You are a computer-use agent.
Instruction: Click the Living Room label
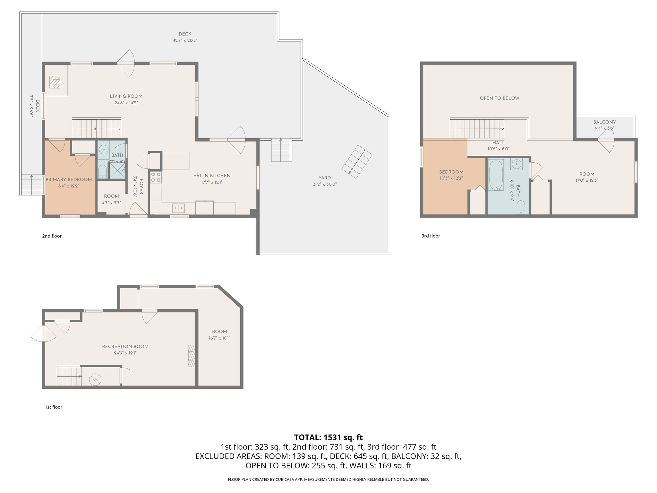point(126,96)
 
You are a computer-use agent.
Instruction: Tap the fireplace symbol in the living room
point(55,82)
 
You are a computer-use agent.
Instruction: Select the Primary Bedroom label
point(69,179)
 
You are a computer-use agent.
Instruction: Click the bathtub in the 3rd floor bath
point(496,175)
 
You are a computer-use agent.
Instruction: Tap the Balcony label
point(604,122)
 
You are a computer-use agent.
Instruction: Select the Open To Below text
point(499,98)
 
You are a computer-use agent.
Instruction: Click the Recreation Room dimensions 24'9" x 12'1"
point(125,353)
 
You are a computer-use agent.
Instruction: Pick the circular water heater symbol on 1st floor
point(95,380)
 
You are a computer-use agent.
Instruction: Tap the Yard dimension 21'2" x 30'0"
point(325,184)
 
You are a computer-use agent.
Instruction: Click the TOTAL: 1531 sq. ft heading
point(328,437)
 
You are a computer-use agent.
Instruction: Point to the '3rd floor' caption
point(431,236)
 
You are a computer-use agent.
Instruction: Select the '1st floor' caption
point(53,407)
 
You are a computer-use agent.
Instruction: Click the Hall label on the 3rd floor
point(499,143)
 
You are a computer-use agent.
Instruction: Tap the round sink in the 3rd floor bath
point(516,164)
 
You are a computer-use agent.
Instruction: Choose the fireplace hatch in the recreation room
point(192,356)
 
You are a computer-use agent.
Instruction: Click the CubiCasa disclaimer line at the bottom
point(328,480)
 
